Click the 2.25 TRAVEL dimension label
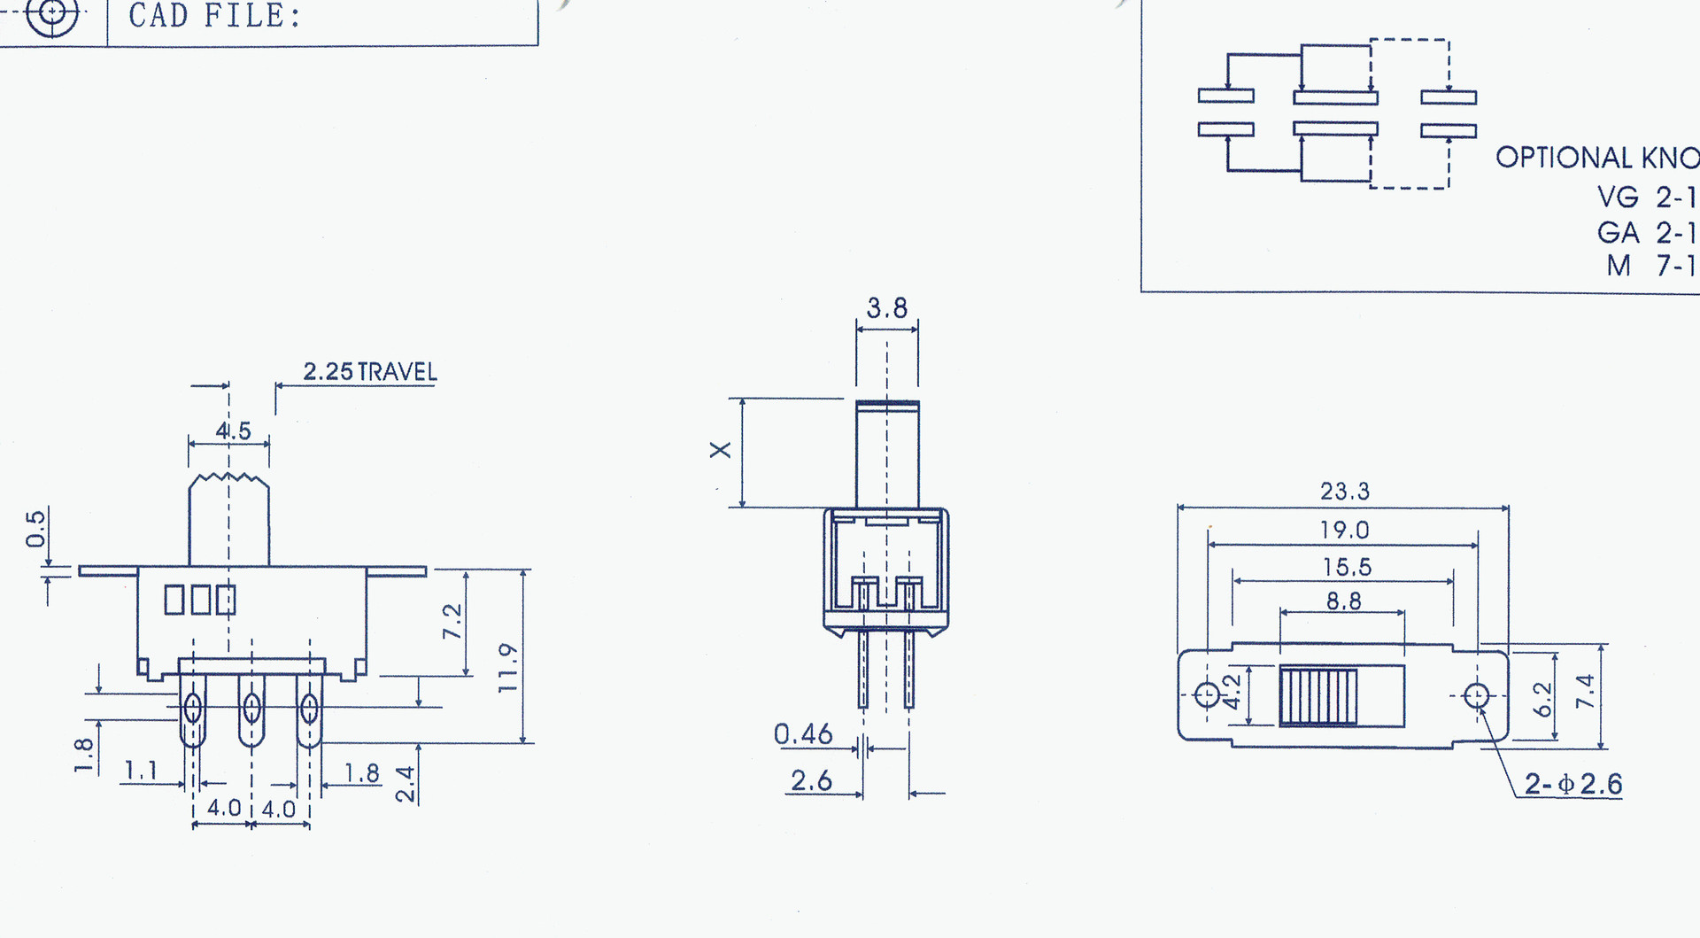[370, 372]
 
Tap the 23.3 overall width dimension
[1344, 492]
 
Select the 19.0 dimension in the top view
[1344, 531]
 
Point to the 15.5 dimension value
[1347, 568]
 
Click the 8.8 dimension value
[1343, 602]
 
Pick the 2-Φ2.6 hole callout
[1572, 784]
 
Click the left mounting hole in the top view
[1207, 694]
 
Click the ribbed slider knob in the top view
[1317, 696]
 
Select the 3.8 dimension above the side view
[886, 308]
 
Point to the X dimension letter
[721, 450]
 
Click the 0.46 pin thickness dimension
[803, 734]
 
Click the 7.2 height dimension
[452, 622]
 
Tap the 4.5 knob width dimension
[233, 431]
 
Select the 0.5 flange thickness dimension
[35, 529]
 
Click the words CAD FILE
[214, 16]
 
